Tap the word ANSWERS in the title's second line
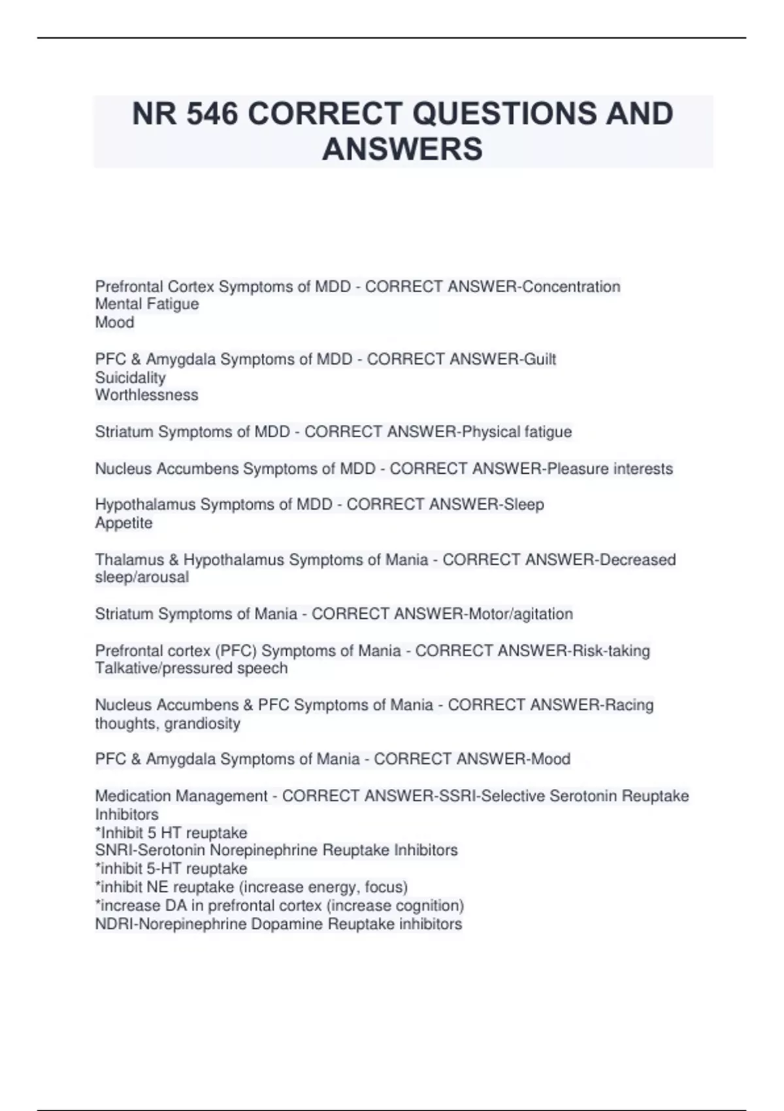[x=402, y=149]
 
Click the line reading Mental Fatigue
[x=147, y=305]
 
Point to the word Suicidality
[x=130, y=378]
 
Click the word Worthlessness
[x=146, y=395]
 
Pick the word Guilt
[x=541, y=359]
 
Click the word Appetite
[x=123, y=523]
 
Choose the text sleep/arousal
[x=142, y=578]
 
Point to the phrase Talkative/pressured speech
[x=191, y=669]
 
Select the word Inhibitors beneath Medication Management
[x=127, y=815]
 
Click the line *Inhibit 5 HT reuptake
[x=171, y=833]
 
